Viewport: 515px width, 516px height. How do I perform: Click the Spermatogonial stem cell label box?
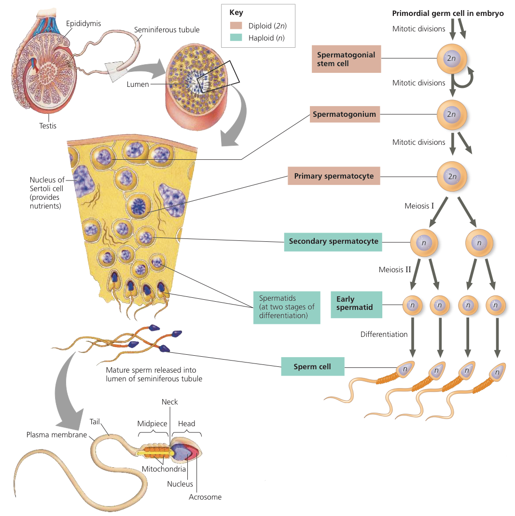tap(346, 59)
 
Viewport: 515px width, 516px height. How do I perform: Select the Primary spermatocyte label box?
tap(334, 176)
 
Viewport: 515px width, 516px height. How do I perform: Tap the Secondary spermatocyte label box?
tap(333, 242)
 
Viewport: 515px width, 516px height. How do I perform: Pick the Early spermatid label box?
tap(356, 305)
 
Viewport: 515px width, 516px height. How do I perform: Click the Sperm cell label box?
tap(313, 366)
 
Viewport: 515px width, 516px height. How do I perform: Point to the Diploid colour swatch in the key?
tap(236, 26)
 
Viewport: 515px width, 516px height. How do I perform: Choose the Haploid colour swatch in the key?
tap(236, 38)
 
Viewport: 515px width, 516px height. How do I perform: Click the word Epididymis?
tap(83, 23)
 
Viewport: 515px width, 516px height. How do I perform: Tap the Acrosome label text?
tap(205, 497)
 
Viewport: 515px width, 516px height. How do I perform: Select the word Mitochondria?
tap(164, 469)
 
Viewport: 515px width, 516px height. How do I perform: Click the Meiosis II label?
tap(395, 269)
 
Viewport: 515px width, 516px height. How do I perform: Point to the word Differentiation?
tap(384, 335)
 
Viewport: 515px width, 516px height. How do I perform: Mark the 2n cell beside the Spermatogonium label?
tap(452, 114)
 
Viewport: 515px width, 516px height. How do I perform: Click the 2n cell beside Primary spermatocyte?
tap(452, 176)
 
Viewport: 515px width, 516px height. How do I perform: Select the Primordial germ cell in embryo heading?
tap(448, 13)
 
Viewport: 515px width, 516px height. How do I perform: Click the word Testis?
tap(48, 126)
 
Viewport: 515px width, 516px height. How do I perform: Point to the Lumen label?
tap(138, 84)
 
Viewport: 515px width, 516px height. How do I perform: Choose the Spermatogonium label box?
tap(345, 114)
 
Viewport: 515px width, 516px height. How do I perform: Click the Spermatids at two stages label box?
tap(287, 307)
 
